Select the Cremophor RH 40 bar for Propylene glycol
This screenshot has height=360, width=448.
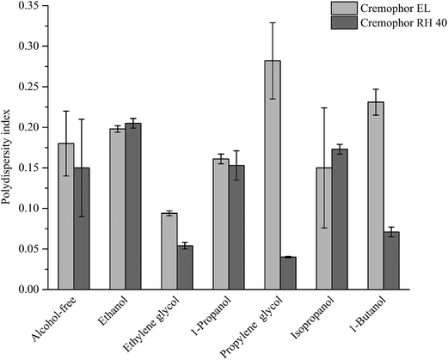point(287,273)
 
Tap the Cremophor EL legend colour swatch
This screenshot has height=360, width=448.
point(347,9)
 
